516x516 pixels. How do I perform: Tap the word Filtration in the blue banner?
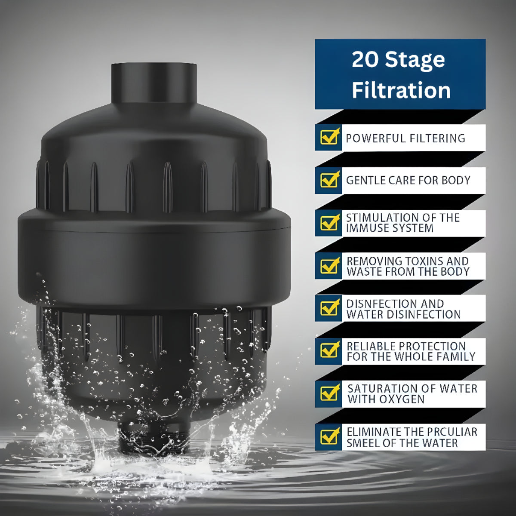coord(401,90)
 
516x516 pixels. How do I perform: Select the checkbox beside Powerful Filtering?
coord(329,137)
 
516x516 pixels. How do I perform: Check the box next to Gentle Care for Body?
coord(329,179)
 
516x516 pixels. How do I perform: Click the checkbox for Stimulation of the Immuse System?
coord(329,222)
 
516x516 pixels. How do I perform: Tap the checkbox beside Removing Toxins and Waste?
coord(329,265)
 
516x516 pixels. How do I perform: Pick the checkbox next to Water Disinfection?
coord(329,308)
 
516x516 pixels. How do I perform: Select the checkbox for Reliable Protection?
coord(329,350)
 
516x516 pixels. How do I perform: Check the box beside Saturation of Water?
coord(329,393)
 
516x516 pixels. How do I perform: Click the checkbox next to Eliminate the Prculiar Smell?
coord(329,436)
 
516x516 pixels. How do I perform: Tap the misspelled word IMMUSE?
coord(365,228)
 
